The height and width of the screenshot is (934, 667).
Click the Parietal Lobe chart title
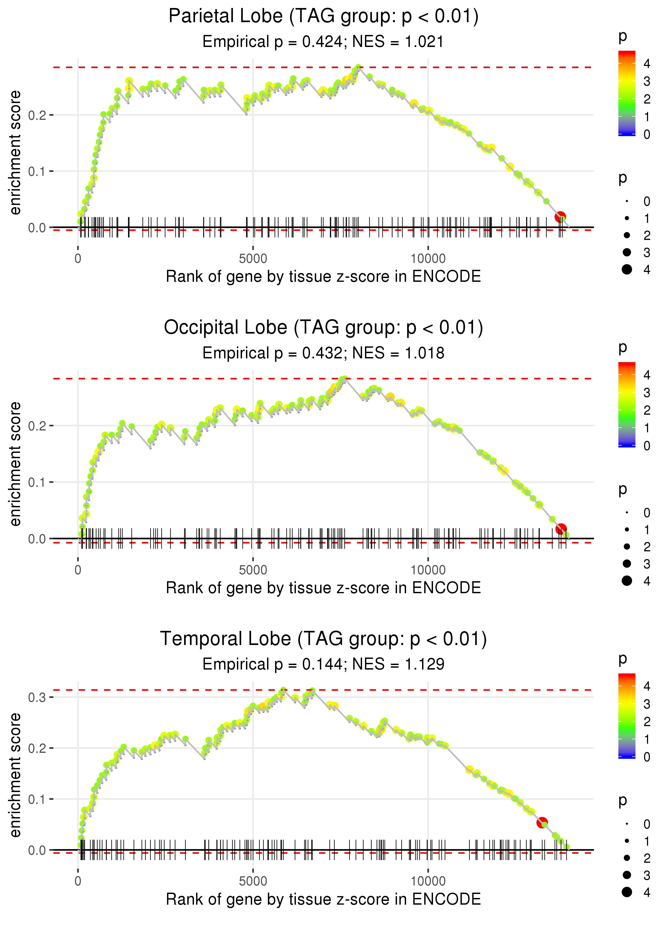pos(323,17)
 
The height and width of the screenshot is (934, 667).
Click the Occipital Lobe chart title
pos(323,328)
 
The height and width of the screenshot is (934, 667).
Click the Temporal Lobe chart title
pos(323,639)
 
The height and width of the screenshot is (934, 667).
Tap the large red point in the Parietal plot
pos(560,217)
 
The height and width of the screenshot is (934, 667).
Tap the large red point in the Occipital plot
pos(561,529)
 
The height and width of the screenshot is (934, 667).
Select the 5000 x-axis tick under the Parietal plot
pos(253,259)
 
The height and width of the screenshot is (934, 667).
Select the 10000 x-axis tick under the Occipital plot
pos(428,570)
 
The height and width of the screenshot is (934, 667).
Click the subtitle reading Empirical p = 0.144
pos(323,664)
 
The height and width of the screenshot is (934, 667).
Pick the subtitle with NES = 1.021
pos(323,42)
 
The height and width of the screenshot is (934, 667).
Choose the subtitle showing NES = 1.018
pos(323,353)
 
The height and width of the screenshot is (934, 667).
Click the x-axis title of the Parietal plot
pos(323,276)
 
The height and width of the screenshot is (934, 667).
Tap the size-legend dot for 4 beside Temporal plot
pos(627,892)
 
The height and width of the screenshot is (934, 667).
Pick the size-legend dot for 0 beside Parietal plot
pos(627,201)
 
